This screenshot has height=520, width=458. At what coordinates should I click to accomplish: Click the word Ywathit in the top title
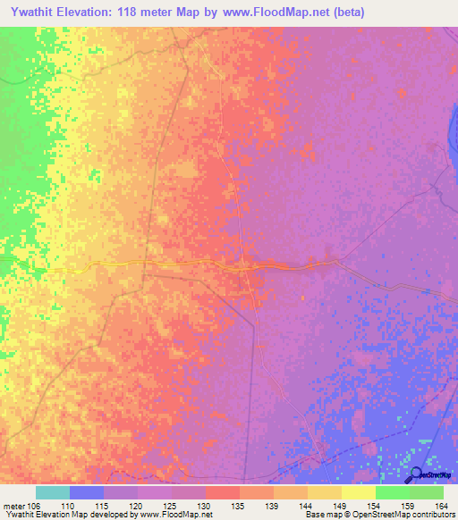click(37, 12)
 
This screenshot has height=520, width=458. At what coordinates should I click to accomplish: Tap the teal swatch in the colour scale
click(53, 492)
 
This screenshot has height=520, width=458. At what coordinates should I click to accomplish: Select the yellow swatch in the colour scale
click(358, 492)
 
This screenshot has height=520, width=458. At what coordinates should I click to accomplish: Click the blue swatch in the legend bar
click(87, 492)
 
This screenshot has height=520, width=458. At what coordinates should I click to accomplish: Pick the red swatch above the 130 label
click(222, 492)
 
